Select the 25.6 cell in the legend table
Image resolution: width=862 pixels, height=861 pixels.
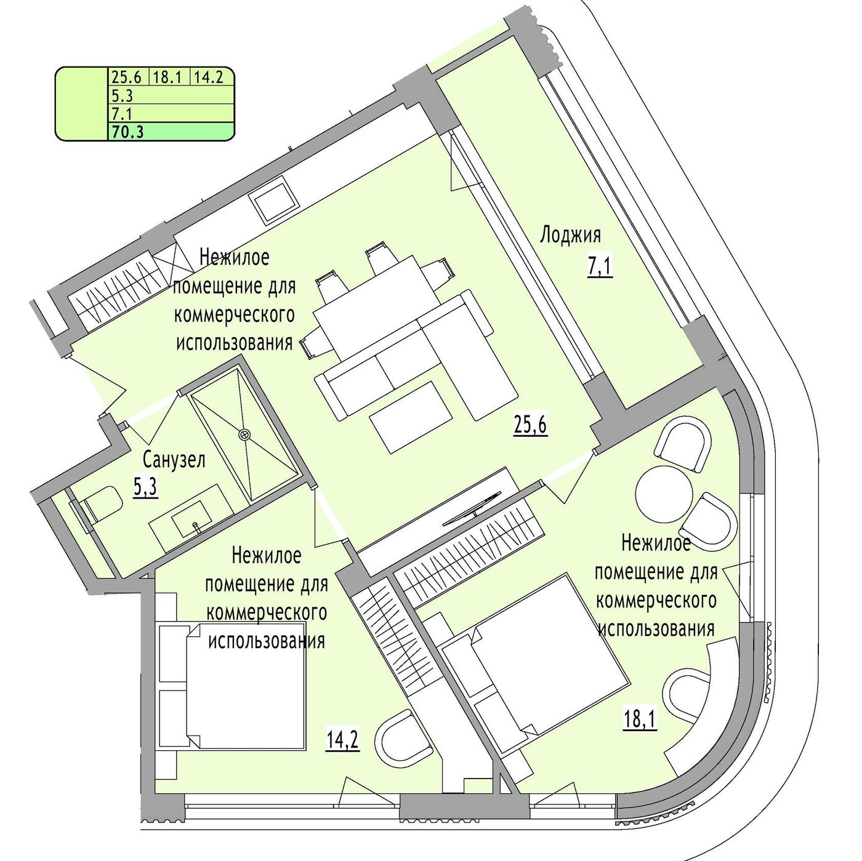pos(127,77)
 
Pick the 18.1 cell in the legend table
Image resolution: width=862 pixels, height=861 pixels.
pos(167,77)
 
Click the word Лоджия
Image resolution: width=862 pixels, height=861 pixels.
pos(570,235)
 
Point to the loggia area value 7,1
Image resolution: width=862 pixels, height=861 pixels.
pos(599,269)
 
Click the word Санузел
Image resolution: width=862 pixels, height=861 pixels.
pos(174,459)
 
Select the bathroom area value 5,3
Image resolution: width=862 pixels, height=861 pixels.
pos(146,487)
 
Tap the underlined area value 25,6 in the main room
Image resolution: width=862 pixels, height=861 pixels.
pos(530,426)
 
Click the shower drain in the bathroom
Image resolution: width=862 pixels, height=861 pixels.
pos(244,434)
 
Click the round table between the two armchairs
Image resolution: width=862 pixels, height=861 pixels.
pos(664,495)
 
